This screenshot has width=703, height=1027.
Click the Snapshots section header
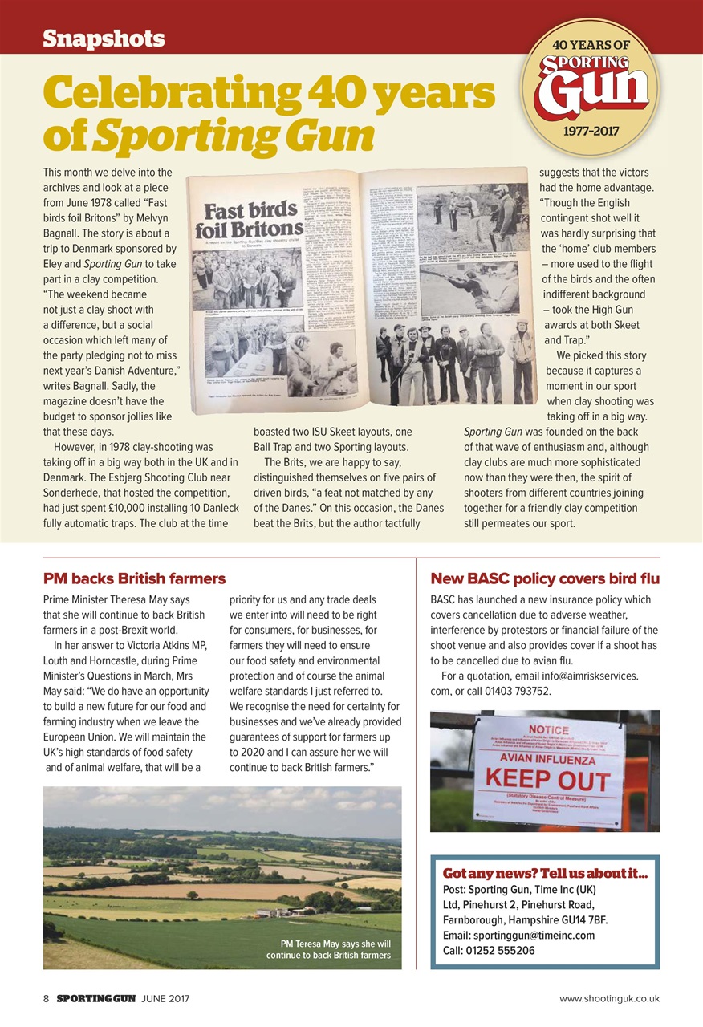(x=104, y=38)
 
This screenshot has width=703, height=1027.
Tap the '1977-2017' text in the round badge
(x=590, y=130)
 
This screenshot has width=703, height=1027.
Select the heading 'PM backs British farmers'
(x=134, y=578)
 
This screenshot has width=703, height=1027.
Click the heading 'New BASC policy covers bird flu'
(x=545, y=578)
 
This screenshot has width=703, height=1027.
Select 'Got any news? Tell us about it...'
(x=544, y=872)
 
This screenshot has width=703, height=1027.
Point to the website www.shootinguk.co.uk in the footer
(x=609, y=998)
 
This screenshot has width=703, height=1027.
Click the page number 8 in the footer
(x=46, y=998)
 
